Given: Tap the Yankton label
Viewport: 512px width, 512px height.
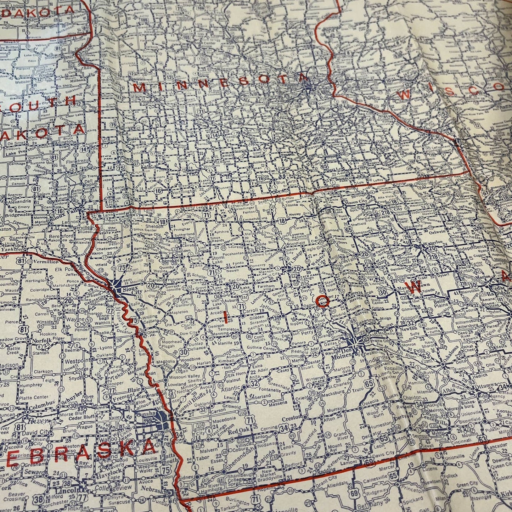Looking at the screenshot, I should point(12,249).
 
